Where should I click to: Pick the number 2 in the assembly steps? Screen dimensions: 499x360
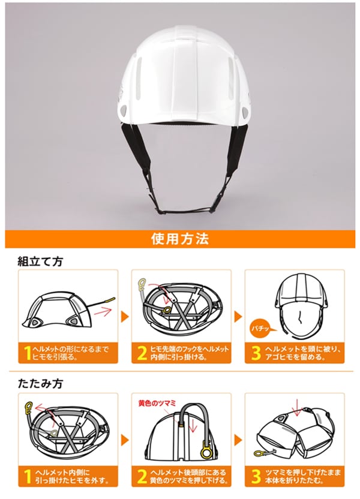pos(142,352)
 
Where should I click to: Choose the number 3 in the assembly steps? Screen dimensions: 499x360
pos(255,352)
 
